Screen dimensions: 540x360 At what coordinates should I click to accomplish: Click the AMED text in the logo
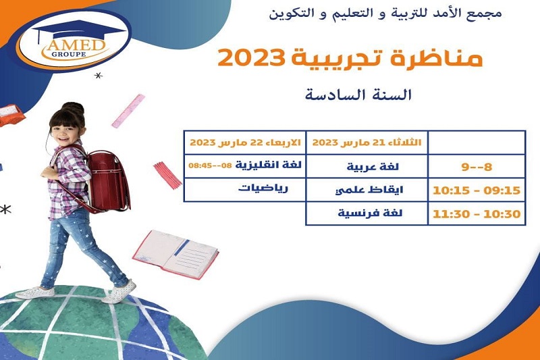[x=75, y=45]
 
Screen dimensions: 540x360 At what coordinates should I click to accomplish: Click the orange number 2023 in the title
[x=252, y=57]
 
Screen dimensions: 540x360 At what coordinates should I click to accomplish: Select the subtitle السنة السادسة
[x=358, y=95]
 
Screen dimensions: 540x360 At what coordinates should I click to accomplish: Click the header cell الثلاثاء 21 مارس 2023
[x=367, y=143]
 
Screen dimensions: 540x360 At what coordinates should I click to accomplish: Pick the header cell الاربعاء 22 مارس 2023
[x=245, y=143]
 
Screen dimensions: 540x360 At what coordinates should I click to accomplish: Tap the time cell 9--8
[x=477, y=167]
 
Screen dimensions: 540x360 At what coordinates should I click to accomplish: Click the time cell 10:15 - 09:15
[x=477, y=190]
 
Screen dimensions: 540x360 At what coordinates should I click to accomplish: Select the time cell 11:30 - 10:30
[x=477, y=214]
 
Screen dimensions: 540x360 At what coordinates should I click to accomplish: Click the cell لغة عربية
[x=373, y=167]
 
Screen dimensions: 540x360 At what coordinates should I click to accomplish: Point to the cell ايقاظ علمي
[x=369, y=190]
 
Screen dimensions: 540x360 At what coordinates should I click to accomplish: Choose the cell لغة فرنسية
[x=370, y=213]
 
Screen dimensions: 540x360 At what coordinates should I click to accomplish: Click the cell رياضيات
[x=263, y=188]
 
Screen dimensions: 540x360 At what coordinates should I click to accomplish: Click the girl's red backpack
[x=106, y=181]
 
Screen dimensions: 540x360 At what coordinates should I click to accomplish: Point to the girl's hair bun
[x=73, y=107]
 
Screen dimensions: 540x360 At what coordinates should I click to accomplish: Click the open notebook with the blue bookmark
[x=175, y=254]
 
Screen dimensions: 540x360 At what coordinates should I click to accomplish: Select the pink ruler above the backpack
[x=128, y=111]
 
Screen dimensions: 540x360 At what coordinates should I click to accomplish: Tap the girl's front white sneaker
[x=119, y=291]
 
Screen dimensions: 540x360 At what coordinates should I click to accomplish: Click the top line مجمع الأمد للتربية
[x=385, y=13]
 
